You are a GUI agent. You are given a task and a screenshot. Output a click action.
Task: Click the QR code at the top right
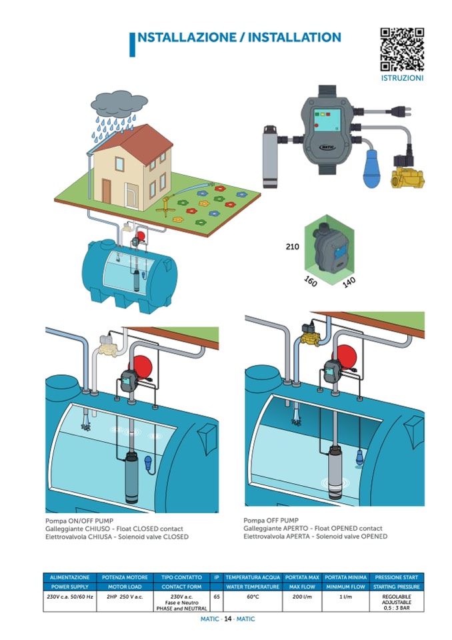pos(402,49)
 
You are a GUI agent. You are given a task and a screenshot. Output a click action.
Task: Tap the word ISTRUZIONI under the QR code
pos(402,78)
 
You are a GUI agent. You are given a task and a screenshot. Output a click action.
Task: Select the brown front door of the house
pos(107,191)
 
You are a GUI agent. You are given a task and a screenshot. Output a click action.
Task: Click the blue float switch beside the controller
pos(371,169)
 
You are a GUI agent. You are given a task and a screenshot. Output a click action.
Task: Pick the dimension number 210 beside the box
pos(293,246)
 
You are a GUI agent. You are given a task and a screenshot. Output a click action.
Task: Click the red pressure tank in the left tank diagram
pos(143,364)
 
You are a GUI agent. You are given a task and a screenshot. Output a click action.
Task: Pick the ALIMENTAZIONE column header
pos(70,577)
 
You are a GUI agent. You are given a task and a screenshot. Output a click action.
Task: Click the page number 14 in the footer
pos(228,619)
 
